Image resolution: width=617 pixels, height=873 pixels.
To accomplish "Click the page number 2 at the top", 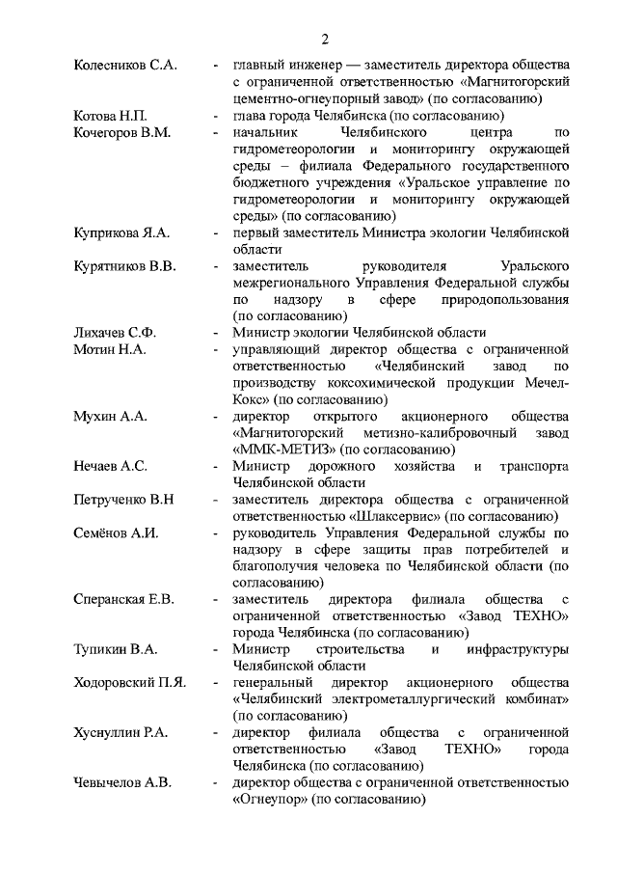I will click(x=325, y=40).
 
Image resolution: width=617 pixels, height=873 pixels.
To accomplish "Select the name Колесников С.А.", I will click(x=125, y=66).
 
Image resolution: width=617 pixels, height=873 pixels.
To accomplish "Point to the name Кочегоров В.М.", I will click(x=122, y=132).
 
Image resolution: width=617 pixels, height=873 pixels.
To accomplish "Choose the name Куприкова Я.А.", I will click(x=121, y=232).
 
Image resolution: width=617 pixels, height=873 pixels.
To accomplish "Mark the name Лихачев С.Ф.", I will click(x=115, y=332).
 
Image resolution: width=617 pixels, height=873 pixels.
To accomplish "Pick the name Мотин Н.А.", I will click(x=109, y=349).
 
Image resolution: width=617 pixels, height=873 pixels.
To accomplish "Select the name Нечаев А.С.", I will click(x=110, y=466).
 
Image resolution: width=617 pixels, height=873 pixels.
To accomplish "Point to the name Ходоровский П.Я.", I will click(x=130, y=682).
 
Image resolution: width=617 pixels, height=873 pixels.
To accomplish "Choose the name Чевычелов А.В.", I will click(x=122, y=782).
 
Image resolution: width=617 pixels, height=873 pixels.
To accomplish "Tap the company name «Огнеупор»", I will click(x=273, y=800).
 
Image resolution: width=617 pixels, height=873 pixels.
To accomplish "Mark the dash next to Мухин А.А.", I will click(x=215, y=416).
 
